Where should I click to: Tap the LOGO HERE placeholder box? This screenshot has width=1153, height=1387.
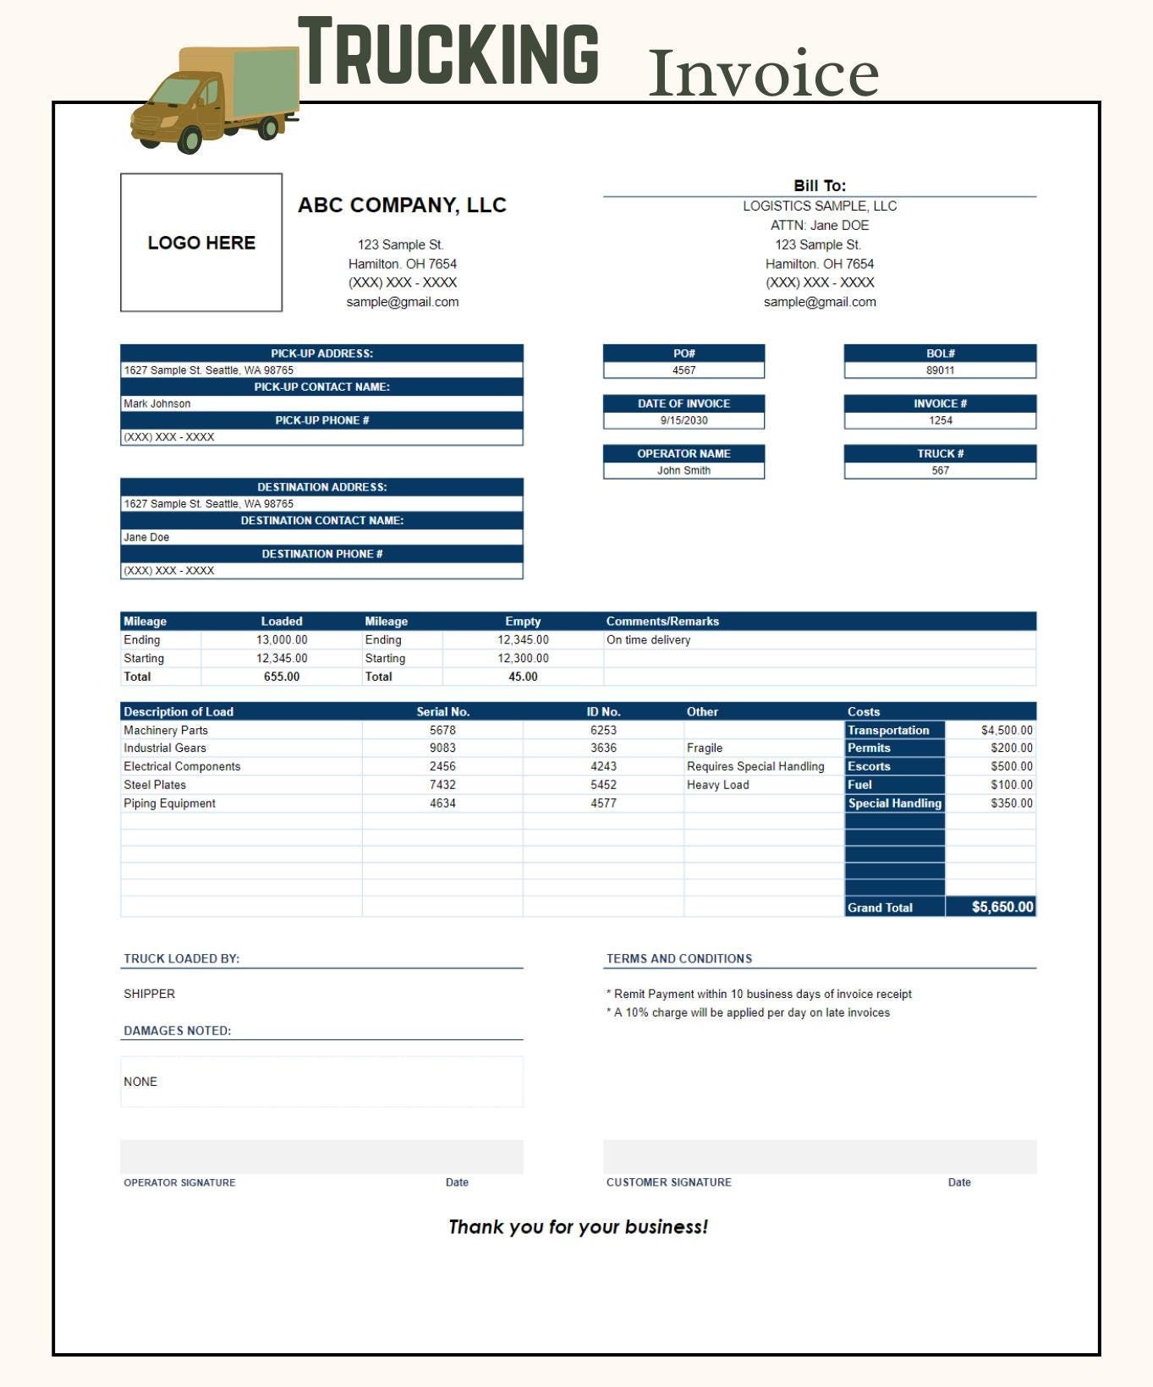[x=201, y=243]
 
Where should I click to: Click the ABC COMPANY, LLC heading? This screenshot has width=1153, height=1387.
[x=402, y=206]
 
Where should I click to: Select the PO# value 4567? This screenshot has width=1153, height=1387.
[x=684, y=370]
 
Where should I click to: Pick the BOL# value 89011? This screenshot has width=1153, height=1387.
[x=940, y=370]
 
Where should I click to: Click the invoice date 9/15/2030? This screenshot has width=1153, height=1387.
[x=684, y=420]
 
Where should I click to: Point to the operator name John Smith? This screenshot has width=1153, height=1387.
[x=684, y=470]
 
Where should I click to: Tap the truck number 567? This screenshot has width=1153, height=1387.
[x=940, y=470]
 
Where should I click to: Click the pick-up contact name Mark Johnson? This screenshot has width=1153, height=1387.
[x=157, y=403]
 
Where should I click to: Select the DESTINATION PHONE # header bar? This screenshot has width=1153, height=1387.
[x=321, y=554]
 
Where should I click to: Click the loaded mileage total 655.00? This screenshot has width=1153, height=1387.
[x=282, y=677]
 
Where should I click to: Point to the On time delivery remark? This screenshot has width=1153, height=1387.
[x=648, y=640]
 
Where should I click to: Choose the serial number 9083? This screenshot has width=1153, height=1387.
[x=442, y=748]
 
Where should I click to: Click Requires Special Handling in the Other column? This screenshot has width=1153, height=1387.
[x=755, y=766]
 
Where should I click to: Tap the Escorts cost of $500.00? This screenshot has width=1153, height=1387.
[x=1011, y=766]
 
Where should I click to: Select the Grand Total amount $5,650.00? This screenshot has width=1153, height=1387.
[x=1002, y=907]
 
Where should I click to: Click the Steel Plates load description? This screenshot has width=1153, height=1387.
[x=155, y=785]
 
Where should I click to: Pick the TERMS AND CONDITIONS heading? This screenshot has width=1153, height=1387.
[x=678, y=958]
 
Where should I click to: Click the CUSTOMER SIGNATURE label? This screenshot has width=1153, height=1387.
[x=668, y=1182]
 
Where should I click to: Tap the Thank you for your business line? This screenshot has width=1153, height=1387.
[x=578, y=1227]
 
